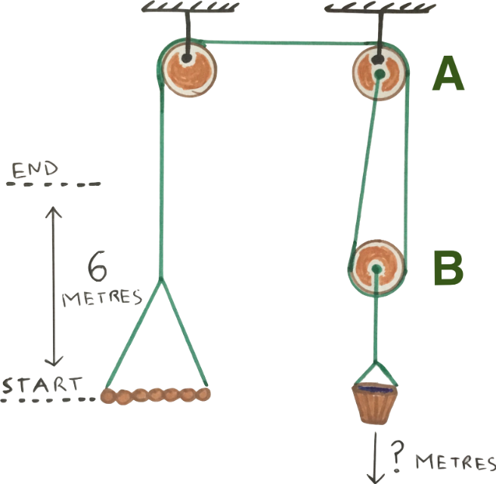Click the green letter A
tap(448, 75)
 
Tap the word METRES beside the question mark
tap(455, 462)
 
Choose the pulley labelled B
tap(376, 269)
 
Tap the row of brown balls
tap(157, 393)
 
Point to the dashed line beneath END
tap(53, 184)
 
